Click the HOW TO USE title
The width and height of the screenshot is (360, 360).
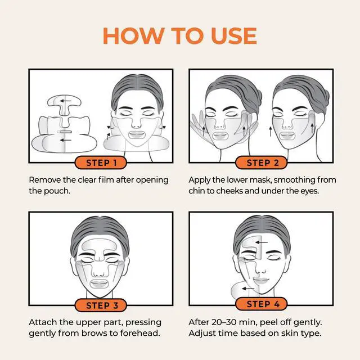pos(180,35)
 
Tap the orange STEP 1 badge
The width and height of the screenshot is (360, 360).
pos(101,163)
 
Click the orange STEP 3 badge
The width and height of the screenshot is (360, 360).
pos(101,305)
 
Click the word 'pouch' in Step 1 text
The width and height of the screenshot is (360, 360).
pos(58,191)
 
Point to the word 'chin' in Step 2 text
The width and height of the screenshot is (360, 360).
pos(199,191)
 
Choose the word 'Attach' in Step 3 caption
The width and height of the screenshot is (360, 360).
pos(42,322)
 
